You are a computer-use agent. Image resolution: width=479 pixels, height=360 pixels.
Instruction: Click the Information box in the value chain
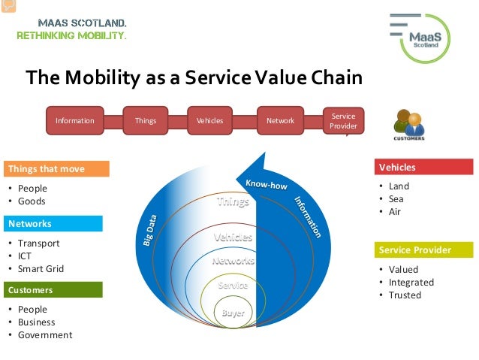[74, 120]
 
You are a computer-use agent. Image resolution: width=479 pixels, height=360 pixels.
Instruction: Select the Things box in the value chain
[146, 120]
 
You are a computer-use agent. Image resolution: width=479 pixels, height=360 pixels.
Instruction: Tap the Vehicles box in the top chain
[209, 120]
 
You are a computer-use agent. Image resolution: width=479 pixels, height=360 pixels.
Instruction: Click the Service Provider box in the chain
[343, 121]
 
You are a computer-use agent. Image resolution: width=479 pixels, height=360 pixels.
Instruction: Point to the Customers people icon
[408, 124]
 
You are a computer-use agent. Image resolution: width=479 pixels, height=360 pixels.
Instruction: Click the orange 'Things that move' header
[56, 168]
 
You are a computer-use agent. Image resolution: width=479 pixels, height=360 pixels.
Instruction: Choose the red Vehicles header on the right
[424, 167]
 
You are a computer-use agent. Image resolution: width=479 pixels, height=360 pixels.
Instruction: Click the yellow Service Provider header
[424, 250]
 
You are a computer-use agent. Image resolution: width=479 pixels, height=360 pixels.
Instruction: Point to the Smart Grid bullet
[41, 269]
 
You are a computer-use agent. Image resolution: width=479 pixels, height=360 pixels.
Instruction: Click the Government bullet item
[45, 335]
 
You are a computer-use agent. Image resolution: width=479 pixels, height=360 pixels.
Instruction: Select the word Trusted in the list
[405, 295]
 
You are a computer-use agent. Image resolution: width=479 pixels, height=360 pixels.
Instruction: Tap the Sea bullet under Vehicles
[396, 199]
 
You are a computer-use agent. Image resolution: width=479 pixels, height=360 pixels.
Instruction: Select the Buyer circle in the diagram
[232, 313]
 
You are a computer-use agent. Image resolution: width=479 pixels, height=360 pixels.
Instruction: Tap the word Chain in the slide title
[336, 77]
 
